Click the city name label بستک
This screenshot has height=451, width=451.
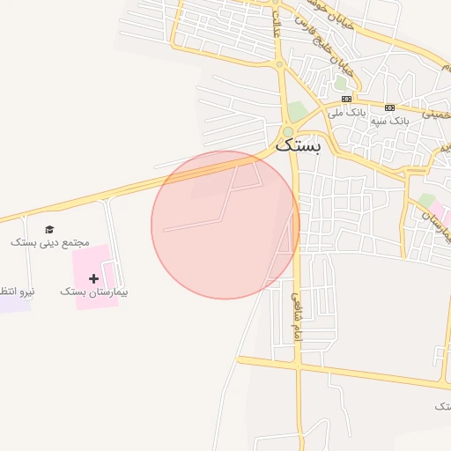(x=299, y=146)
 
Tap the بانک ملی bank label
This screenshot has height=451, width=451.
(x=346, y=113)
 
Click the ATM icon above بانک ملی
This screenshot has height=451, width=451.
(x=346, y=100)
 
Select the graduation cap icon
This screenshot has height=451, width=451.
(x=48, y=230)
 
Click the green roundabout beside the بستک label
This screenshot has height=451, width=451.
(x=287, y=132)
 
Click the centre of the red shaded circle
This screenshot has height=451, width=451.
(x=225, y=225)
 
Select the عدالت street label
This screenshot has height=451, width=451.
(x=277, y=25)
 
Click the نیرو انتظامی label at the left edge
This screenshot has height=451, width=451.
(x=16, y=291)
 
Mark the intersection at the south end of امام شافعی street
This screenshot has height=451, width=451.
(x=299, y=362)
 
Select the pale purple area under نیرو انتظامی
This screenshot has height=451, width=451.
(x=12, y=304)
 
